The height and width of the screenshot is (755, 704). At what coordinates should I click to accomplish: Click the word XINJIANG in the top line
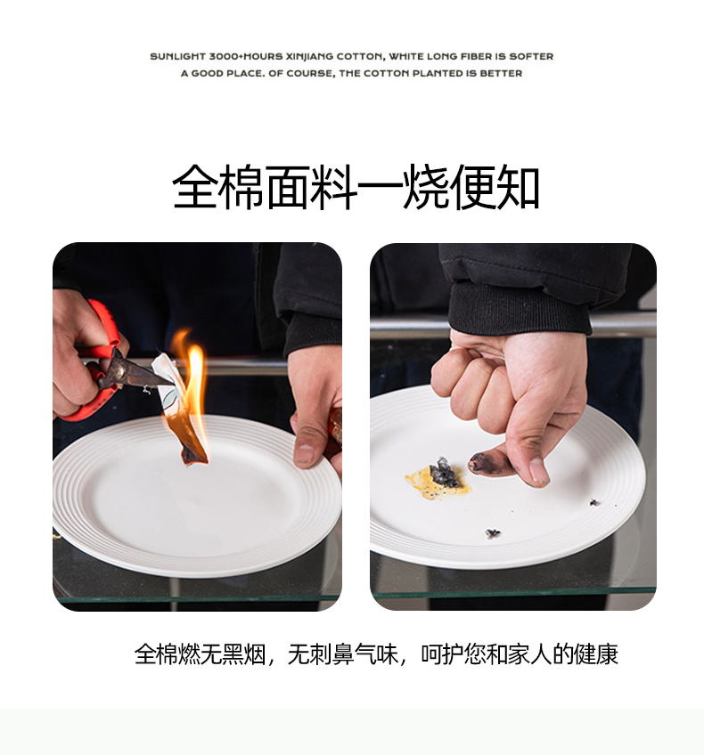pos(309,56)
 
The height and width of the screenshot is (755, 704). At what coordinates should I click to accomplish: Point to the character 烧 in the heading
pos(426,186)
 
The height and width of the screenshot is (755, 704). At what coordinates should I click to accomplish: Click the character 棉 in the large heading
pos(241,186)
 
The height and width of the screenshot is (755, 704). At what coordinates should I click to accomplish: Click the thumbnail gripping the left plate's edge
pos(305,454)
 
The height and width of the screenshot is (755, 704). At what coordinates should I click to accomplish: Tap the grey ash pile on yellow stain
pos(445,474)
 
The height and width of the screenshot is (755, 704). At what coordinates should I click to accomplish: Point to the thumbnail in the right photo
pos(539,471)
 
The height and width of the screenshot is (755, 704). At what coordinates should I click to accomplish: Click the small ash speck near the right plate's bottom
pos(493,533)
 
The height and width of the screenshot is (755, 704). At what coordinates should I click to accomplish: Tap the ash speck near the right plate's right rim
pos(594,502)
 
